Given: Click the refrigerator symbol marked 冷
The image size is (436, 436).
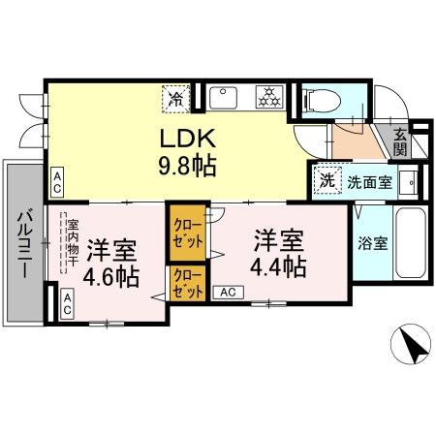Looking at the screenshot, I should click(x=175, y=97).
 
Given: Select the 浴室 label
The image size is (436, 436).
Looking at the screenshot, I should click(x=375, y=242).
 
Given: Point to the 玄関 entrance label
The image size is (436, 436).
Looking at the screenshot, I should click(x=401, y=142).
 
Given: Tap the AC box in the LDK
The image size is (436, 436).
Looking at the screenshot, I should click(x=57, y=179).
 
